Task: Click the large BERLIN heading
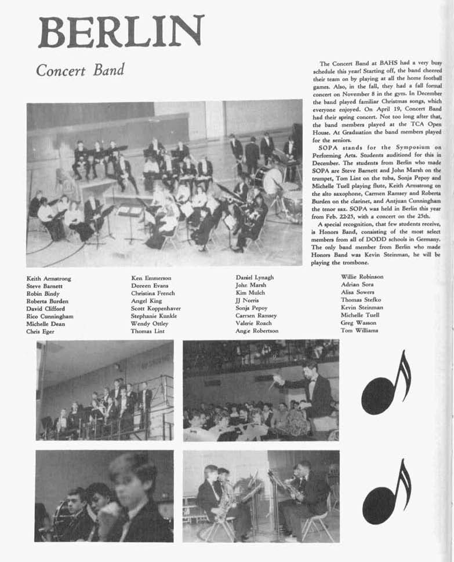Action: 121,32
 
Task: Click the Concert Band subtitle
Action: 80,71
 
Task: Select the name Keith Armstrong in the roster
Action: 49,278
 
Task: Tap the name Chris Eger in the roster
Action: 39,332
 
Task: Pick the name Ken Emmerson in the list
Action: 151,278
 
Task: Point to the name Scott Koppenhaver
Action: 156,308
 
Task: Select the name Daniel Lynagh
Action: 255,278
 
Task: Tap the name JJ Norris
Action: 247,300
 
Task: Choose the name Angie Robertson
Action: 257,331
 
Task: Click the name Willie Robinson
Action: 362,277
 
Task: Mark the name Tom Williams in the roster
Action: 359,330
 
